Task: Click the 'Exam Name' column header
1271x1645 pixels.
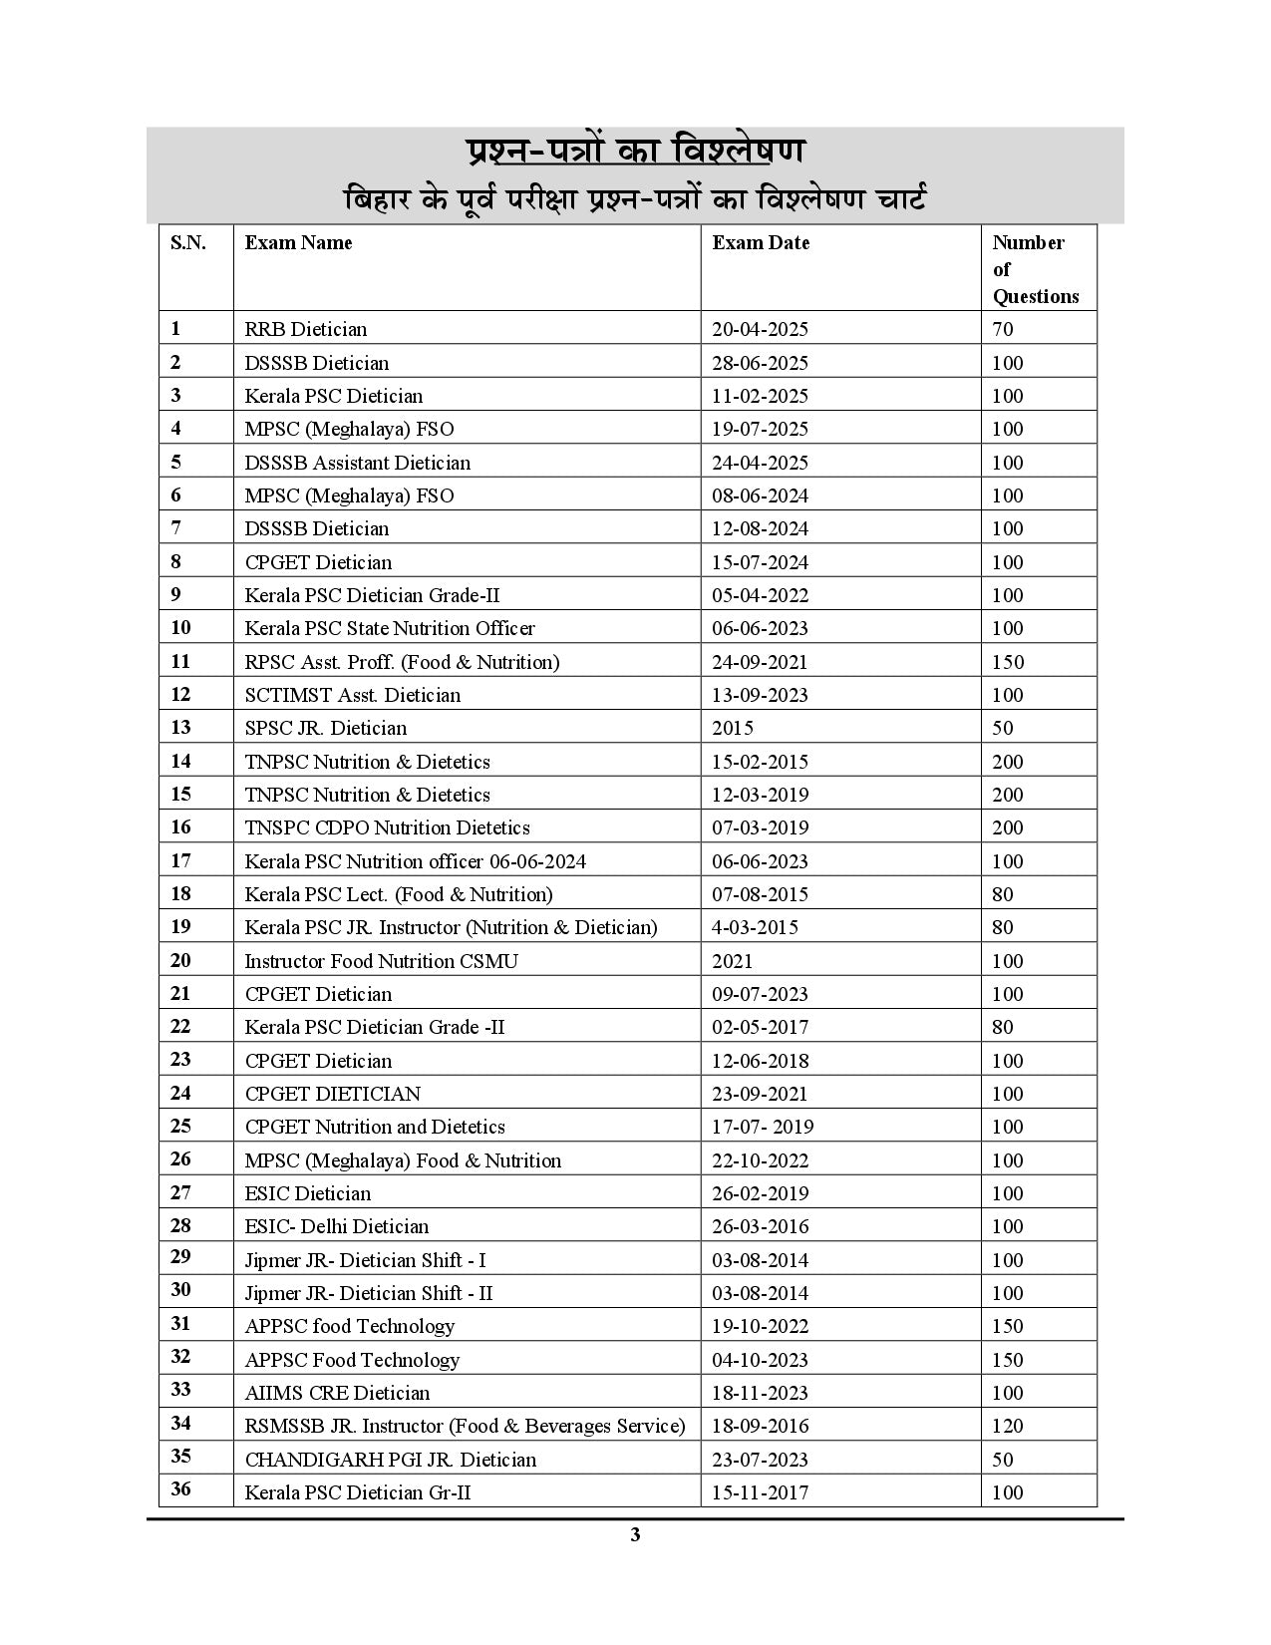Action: (298, 243)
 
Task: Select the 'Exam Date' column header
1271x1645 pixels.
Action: (760, 243)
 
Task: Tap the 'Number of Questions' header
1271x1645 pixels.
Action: (1035, 269)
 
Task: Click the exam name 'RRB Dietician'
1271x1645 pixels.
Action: (306, 329)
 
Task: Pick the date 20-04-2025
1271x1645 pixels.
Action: (760, 329)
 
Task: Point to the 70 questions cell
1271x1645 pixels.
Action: (1002, 329)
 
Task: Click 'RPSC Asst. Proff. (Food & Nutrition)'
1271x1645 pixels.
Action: (402, 662)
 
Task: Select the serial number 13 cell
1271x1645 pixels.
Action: (180, 728)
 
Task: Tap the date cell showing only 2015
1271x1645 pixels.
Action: (733, 728)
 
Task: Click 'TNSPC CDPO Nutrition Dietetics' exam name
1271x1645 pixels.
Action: (388, 827)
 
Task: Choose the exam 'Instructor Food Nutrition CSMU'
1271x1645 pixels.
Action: (382, 961)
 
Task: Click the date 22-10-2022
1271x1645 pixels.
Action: (760, 1160)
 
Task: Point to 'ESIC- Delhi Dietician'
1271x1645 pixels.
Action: (337, 1226)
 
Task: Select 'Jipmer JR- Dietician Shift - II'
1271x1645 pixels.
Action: (369, 1293)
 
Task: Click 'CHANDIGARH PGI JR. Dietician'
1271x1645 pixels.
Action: (391, 1460)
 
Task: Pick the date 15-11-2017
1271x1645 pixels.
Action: (760, 1492)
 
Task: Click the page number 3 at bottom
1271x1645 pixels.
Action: (635, 1534)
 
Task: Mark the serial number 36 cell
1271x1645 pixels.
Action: (180, 1490)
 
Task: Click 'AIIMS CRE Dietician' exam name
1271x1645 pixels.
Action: (338, 1393)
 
